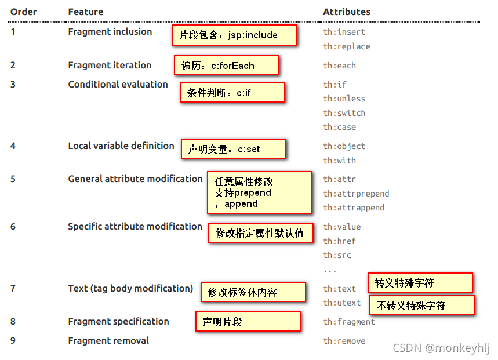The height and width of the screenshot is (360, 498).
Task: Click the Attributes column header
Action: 346,12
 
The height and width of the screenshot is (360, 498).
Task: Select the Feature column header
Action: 86,12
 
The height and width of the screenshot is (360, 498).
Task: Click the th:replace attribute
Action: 346,46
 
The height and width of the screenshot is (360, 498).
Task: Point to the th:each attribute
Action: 339,66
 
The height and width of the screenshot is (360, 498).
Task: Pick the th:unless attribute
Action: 344,99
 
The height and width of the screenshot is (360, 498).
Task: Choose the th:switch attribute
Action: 344,113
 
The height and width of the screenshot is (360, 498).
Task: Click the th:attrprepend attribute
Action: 356,194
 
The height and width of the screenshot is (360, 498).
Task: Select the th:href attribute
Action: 339,241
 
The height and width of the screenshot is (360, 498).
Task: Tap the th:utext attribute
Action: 341,303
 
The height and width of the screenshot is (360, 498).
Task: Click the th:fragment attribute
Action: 349,322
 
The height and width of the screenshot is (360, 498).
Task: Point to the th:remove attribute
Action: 344,341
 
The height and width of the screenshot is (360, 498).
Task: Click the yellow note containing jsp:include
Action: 234,35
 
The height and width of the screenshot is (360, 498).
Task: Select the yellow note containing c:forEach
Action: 227,66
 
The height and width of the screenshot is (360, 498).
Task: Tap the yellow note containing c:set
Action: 234,149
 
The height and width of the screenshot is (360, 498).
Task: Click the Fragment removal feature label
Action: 108,340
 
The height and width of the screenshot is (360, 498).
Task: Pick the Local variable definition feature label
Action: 121,146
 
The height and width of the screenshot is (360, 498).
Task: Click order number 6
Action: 13,226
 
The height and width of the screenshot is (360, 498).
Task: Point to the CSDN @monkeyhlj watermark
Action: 441,348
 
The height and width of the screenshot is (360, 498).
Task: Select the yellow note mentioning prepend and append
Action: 260,192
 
